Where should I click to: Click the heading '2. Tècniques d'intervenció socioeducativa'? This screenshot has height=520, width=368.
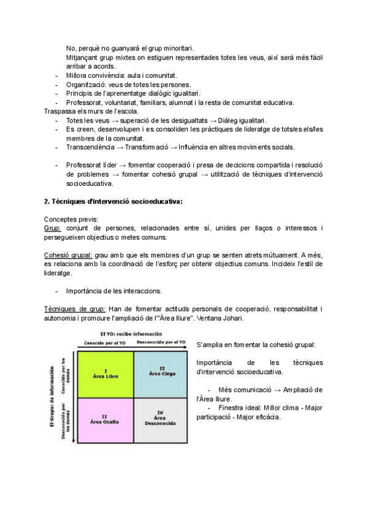point(113,201)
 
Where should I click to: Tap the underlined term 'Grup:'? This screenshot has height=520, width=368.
point(53,228)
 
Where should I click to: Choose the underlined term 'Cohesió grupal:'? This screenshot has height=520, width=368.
point(68,255)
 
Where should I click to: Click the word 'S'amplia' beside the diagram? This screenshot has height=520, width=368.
point(212,345)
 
